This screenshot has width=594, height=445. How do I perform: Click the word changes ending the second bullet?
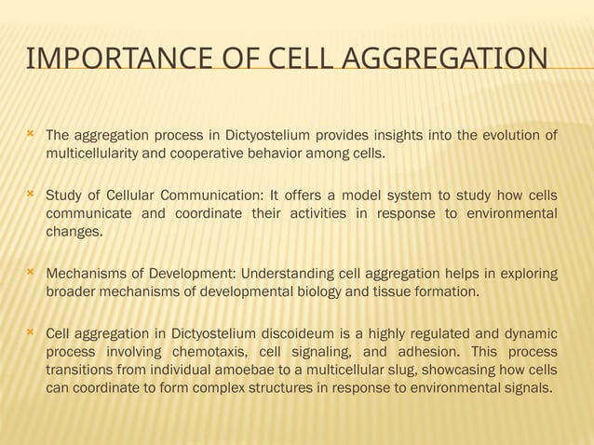click(74, 231)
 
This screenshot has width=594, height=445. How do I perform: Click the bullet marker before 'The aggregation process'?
click(31, 136)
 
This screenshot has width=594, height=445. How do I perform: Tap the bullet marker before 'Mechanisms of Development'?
click(31, 273)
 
